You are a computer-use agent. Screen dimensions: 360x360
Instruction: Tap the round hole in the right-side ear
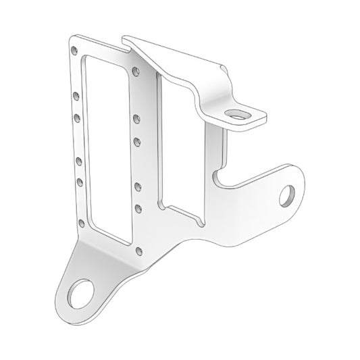click(x=290, y=194)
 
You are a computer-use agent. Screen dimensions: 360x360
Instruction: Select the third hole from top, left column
click(x=77, y=117)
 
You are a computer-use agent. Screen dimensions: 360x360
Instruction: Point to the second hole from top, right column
click(x=136, y=119)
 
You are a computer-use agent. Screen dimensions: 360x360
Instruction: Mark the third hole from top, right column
click(x=136, y=142)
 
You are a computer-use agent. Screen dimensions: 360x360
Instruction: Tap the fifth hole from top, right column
click(x=138, y=207)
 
